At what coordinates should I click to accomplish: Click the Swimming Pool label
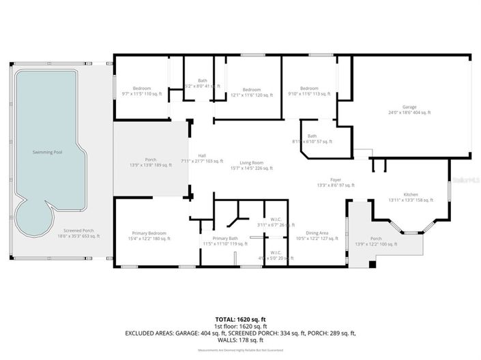(x=48, y=152)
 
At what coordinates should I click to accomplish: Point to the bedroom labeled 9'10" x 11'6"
(x=309, y=91)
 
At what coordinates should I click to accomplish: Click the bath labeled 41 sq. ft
(x=203, y=84)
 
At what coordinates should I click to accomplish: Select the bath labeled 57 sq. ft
(x=312, y=138)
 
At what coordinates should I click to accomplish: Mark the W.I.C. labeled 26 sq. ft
(x=276, y=222)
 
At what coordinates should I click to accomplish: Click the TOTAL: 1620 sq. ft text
(x=240, y=319)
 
